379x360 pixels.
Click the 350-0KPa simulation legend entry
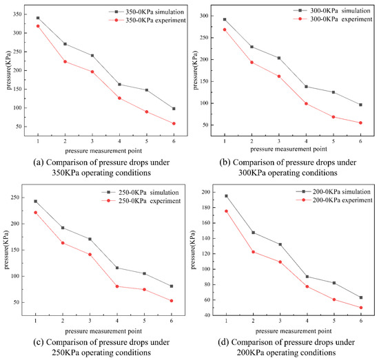click(141, 12)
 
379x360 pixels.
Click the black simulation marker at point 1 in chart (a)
click(38, 18)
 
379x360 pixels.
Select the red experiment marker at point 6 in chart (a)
click(174, 124)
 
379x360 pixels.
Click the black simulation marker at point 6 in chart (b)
click(360, 105)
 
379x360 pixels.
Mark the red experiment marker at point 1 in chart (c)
click(36, 213)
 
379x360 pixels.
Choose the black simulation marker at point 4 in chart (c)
click(118, 268)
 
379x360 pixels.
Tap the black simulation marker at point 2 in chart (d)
click(253, 233)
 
